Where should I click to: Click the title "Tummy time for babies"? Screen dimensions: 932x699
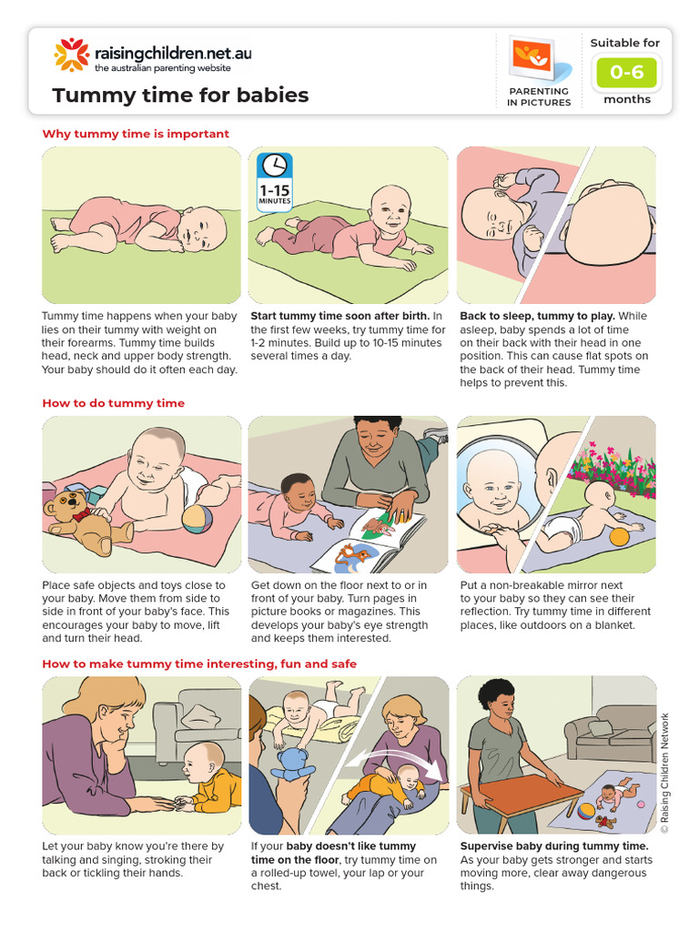pyautogui.click(x=180, y=96)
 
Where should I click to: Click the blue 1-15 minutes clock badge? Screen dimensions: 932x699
pyautogui.click(x=275, y=178)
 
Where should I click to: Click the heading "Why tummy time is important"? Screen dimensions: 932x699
pyautogui.click(x=136, y=134)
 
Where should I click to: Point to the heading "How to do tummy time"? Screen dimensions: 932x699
pyautogui.click(x=113, y=403)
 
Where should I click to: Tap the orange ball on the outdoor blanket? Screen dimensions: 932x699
pyautogui.click(x=618, y=536)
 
